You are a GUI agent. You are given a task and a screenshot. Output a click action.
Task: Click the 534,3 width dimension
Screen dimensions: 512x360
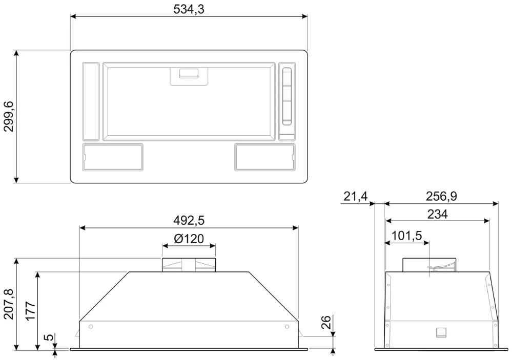(x=189, y=9)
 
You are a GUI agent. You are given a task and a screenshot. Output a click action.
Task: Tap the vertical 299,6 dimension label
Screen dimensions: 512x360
(x=9, y=117)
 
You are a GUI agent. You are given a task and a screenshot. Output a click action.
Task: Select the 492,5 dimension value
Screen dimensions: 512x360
(x=189, y=221)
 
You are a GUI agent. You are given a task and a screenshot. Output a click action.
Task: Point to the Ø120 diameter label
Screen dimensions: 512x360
(x=189, y=239)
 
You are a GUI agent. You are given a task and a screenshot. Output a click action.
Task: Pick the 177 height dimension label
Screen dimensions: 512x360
(x=31, y=311)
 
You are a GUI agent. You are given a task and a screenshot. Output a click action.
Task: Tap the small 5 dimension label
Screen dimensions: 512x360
(x=48, y=337)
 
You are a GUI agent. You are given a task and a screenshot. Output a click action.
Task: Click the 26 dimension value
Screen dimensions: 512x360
(x=326, y=322)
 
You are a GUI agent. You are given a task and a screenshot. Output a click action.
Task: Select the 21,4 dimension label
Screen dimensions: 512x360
(x=356, y=197)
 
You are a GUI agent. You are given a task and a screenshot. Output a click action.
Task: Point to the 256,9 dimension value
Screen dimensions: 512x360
(x=441, y=197)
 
